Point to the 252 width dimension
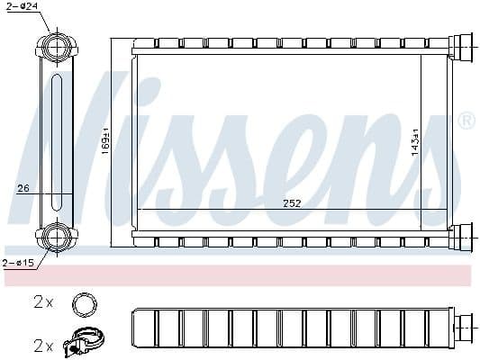[292, 203]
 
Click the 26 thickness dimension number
[23, 188]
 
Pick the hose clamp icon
[84, 343]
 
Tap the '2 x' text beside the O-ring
[43, 302]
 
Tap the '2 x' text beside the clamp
[43, 345]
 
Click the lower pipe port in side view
[57, 237]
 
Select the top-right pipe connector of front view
[461, 44]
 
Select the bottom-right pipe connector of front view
[461, 237]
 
